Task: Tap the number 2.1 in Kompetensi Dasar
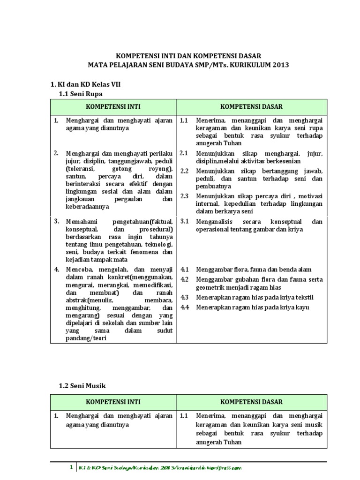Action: tap(184, 153)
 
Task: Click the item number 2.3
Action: tap(184, 196)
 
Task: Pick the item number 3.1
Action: tap(184, 221)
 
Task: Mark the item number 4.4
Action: tap(184, 307)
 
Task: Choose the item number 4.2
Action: tap(184, 279)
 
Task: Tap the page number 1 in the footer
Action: tap(71, 467)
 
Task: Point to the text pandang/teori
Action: tap(86, 339)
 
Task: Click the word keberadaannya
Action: tap(87, 206)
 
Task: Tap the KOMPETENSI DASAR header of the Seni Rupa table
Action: tap(251, 107)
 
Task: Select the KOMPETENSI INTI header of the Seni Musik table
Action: tap(113, 402)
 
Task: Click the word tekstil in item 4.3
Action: tap(304, 298)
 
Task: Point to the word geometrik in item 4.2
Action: tap(211, 288)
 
